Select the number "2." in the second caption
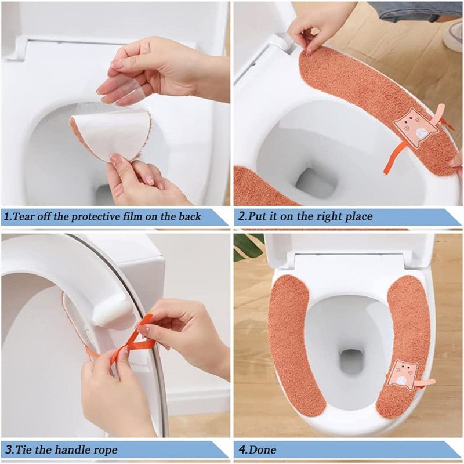tap(242, 216)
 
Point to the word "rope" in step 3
tap(106, 451)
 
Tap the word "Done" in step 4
tap(262, 450)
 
